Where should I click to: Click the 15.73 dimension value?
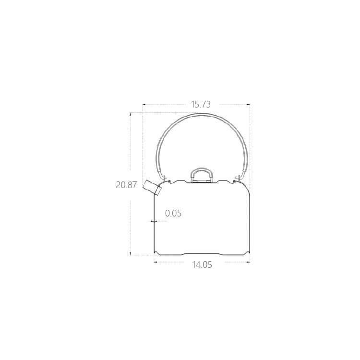pos(201,105)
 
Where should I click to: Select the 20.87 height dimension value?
pos(126,185)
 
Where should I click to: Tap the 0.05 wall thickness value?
pos(173,213)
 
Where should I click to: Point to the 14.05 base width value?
pos(202,264)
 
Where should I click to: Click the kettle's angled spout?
pos(152,187)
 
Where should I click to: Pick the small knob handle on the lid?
pos(202,174)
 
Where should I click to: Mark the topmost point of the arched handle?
pos(202,114)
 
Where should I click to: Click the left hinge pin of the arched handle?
pos(164,178)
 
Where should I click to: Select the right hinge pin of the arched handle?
pos(238,178)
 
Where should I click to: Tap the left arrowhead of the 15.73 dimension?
pos(144,105)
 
